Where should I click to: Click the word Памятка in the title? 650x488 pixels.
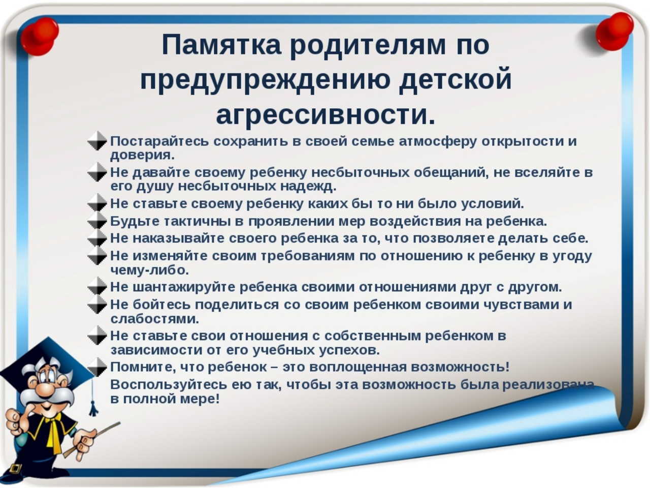(221, 46)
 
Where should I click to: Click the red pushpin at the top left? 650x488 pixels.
(40, 36)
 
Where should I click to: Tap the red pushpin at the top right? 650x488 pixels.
(614, 32)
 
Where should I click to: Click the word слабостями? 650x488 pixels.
(154, 319)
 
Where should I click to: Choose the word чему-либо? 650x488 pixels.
(149, 270)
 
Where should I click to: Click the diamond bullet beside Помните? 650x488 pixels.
(97, 368)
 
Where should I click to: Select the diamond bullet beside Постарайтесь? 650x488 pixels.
(97, 141)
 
